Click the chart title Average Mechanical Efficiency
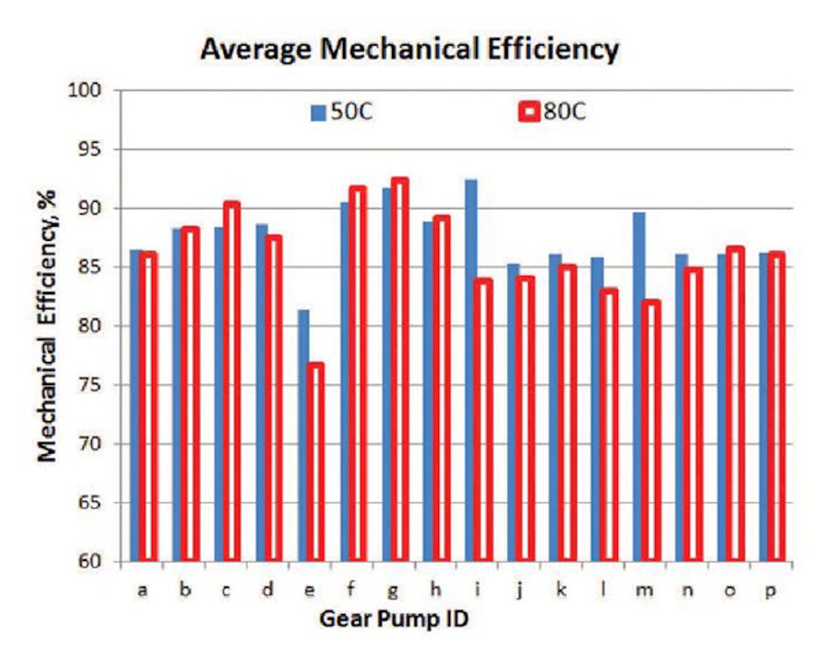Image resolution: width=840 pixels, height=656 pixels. click(409, 50)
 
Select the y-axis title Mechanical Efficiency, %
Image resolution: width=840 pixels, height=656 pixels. click(47, 326)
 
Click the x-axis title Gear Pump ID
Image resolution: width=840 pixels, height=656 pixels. click(393, 619)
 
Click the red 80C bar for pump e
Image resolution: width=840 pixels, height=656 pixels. click(315, 462)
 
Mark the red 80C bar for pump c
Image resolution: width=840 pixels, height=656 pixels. click(231, 382)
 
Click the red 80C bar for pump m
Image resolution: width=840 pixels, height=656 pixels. click(652, 431)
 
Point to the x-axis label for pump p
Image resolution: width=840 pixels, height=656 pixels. click(771, 589)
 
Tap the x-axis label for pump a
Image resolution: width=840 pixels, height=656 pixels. click(142, 589)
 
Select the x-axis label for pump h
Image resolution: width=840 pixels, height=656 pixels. click(435, 589)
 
